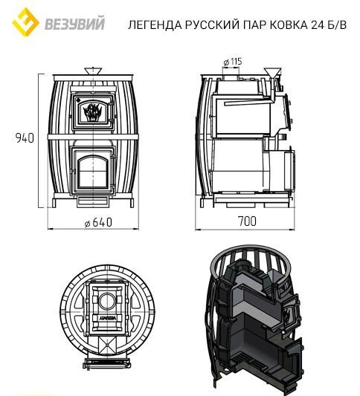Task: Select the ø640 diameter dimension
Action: (x=92, y=222)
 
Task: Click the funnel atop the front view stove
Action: (x=94, y=71)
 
